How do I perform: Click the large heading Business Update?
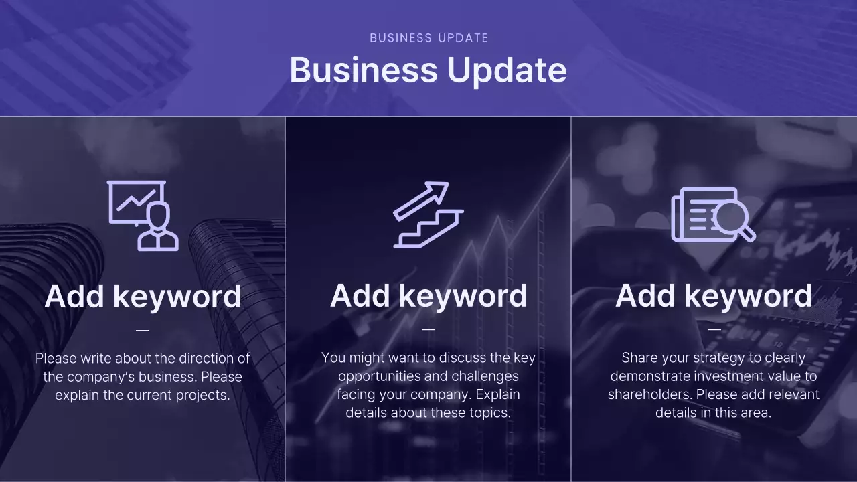coord(428,70)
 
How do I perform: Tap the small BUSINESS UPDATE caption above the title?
coord(428,38)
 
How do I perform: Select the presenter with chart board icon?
coord(143,216)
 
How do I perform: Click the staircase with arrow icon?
coord(428,215)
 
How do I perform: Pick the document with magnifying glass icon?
coord(713,215)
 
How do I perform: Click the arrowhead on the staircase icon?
coord(439,190)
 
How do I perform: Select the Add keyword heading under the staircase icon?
coord(428,296)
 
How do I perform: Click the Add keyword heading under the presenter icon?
coord(143,296)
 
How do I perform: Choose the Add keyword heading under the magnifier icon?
coord(714,296)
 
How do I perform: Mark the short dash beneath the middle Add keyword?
coord(428,329)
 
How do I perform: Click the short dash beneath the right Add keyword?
coord(714,329)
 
